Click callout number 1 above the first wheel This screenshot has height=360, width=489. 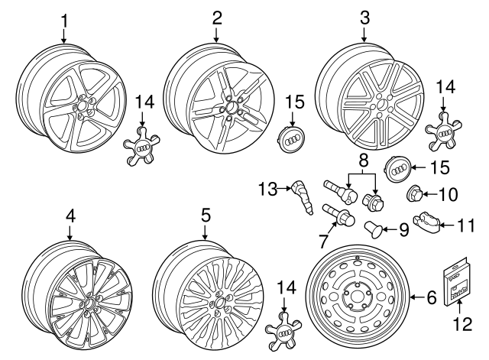pos(64,16)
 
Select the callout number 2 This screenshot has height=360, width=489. pos(217,16)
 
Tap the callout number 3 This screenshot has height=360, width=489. pos(364,16)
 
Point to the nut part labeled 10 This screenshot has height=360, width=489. pos(416,193)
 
